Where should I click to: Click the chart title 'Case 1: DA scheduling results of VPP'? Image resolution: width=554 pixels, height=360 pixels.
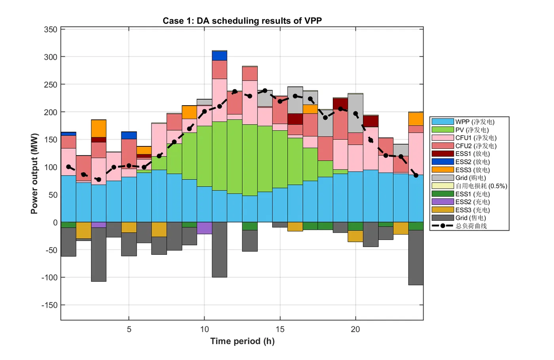pos(242,21)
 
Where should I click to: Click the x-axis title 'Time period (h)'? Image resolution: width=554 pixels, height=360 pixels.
pos(242,341)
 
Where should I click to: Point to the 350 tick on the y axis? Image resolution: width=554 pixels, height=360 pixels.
pos(50,30)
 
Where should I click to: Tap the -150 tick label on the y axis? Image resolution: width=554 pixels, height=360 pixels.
pos(49,305)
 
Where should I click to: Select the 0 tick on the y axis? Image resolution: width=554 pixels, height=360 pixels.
pos(55,222)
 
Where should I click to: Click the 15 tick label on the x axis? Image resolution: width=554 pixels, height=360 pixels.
pos(280,329)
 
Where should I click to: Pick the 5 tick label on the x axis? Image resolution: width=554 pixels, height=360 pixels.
pos(129,329)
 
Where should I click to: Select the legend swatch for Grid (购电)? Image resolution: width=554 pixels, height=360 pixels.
pos(442,178)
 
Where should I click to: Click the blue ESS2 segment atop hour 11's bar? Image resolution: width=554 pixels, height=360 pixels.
pos(220,55)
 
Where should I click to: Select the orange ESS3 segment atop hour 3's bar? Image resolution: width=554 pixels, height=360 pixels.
pos(99,128)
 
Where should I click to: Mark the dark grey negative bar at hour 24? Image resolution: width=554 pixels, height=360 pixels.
pos(416,257)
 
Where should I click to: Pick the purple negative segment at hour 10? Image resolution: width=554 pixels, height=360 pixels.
pos(205,228)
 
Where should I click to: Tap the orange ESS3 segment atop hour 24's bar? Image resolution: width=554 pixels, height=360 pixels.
pos(416,119)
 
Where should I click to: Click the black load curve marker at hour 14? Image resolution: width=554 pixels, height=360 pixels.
pos(265,91)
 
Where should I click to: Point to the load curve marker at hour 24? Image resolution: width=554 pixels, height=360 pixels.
pos(416,175)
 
